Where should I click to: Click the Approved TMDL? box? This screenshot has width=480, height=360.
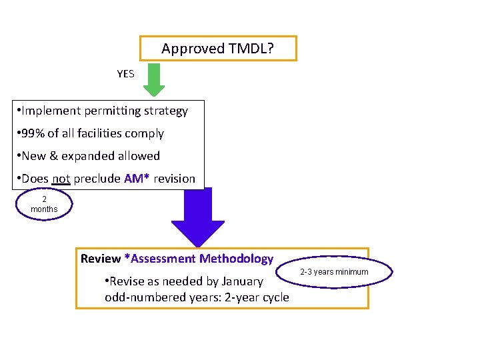click(x=218, y=49)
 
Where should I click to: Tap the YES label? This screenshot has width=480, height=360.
click(x=125, y=74)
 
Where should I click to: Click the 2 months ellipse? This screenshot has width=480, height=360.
click(x=44, y=204)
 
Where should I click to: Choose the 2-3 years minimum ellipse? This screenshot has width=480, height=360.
click(x=334, y=272)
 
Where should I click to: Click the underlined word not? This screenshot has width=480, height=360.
click(x=61, y=179)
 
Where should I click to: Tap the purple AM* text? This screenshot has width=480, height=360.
click(x=137, y=179)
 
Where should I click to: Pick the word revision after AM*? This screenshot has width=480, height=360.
click(x=174, y=179)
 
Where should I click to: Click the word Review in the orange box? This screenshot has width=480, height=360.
click(x=101, y=259)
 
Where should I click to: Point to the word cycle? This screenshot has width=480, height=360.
click(x=274, y=297)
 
